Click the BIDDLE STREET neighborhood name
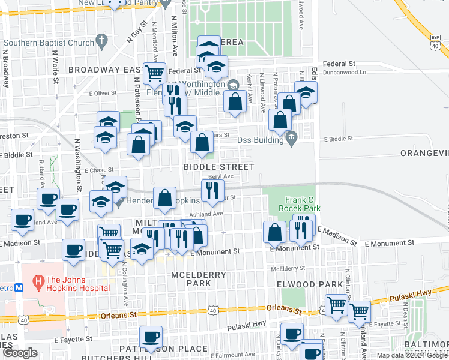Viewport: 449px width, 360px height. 219,166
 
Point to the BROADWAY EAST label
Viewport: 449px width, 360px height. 104,70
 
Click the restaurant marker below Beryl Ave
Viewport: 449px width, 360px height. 212,190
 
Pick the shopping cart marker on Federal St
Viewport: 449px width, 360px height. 155,73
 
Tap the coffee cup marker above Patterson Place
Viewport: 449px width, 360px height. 151,336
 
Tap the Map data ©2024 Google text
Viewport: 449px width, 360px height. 412,355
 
